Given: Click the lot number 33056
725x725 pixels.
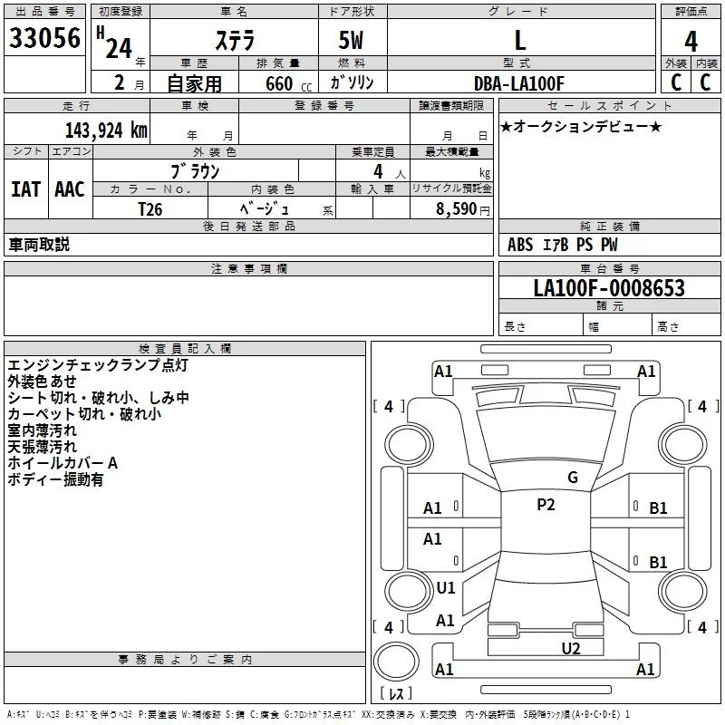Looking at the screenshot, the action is coord(44,38).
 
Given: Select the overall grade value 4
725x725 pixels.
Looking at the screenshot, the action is coord(691,41).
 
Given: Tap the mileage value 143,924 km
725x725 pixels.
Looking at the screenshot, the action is coord(105,130).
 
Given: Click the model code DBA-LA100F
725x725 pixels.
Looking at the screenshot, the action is coord(519,83).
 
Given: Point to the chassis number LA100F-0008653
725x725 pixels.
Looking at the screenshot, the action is coord(609,289).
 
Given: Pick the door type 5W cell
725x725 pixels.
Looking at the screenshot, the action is coord(353,41).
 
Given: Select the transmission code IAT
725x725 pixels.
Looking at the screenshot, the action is coord(25,188).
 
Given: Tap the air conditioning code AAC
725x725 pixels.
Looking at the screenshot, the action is coord(69,188).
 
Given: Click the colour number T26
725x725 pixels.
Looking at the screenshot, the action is coord(150,208).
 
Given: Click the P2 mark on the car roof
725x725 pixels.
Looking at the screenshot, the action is coord(546,506).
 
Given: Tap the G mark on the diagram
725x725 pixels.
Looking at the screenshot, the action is coord(572,478).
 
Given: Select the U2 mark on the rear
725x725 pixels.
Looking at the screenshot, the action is coord(570,647).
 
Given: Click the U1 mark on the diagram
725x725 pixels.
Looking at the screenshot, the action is coord(445,588).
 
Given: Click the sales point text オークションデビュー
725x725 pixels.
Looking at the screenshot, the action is coord(582,126).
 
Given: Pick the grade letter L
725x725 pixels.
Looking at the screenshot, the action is coord(519,41).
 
